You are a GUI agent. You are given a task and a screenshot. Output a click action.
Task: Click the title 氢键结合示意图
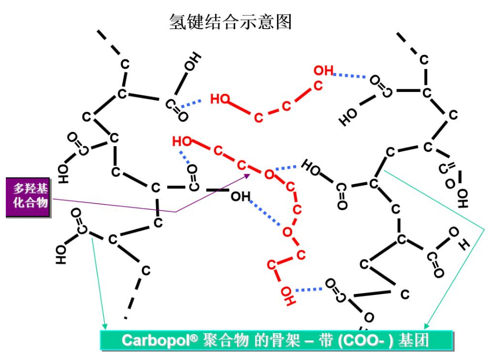[x=230, y=22]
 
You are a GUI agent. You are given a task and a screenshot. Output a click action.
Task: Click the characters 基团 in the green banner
[x=414, y=340]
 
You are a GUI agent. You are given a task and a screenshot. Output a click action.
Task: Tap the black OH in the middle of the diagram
[x=241, y=196]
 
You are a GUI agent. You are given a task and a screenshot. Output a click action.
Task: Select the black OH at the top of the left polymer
[x=193, y=62]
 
